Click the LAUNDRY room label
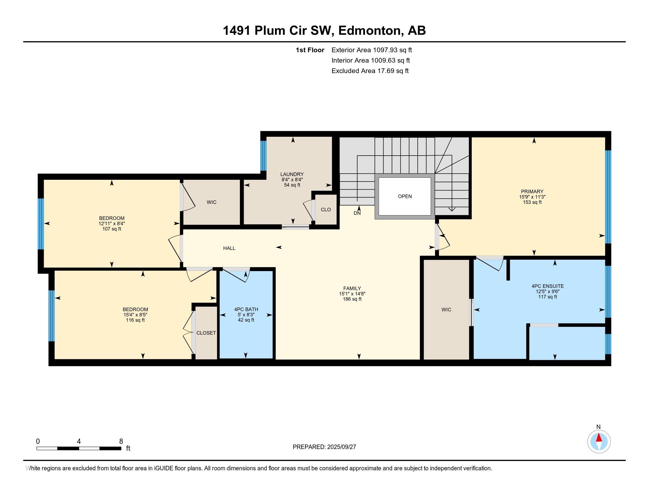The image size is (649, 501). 292,174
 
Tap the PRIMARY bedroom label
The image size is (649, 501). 532,192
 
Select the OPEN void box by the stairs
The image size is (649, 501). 405,196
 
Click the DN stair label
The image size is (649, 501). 357,213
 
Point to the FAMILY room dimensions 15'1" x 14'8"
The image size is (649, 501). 352,294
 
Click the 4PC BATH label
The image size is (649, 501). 246,309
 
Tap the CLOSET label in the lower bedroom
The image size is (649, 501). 206,333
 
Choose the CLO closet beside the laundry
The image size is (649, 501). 326,210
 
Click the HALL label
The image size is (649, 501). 229,248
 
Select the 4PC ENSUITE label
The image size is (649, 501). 547,286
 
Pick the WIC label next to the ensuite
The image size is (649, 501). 446,309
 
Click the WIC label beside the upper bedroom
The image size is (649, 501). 212,202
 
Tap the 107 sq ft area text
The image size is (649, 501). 112,229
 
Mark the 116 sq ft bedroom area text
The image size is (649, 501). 135,320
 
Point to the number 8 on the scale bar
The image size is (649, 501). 121,441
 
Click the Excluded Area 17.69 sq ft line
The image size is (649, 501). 370,71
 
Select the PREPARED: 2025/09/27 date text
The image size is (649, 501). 324,447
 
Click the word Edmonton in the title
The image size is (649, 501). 369,31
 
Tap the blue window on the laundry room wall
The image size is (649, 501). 263,156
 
